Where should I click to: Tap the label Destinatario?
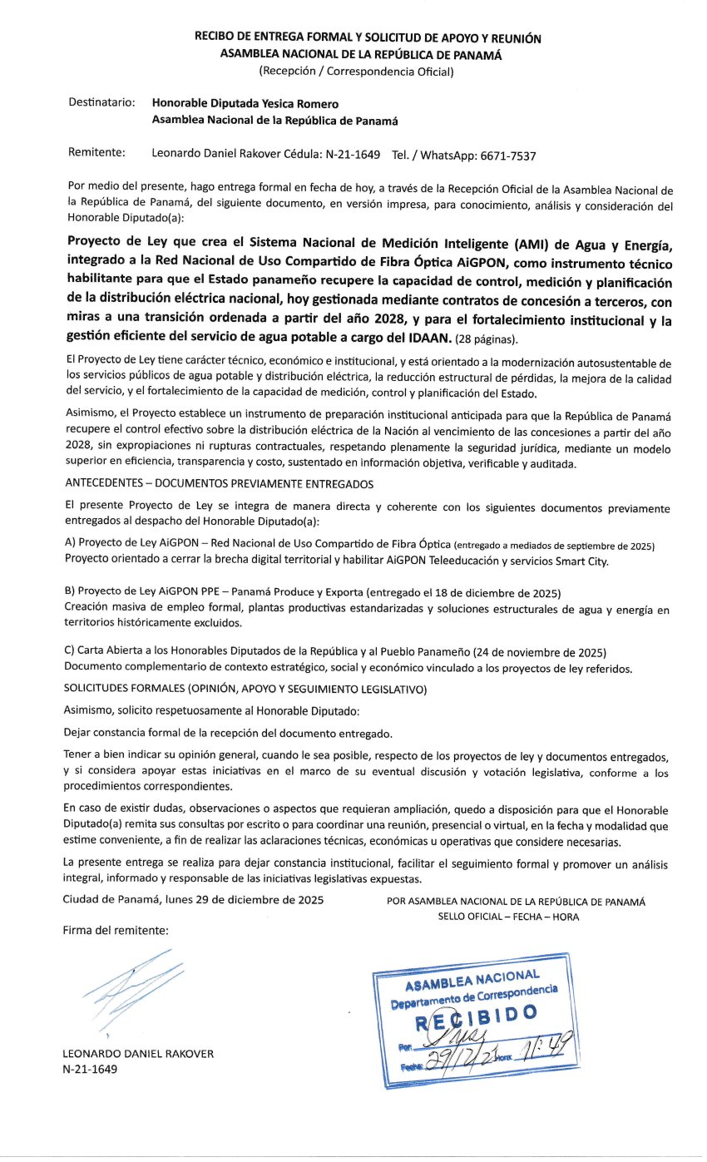point(101,103)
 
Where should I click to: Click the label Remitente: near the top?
point(96,154)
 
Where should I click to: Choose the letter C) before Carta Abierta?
point(69,650)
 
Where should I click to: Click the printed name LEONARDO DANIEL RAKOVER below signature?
point(138,1054)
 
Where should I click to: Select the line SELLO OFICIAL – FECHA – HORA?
point(509,917)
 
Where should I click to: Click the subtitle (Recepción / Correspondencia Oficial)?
point(356,71)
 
